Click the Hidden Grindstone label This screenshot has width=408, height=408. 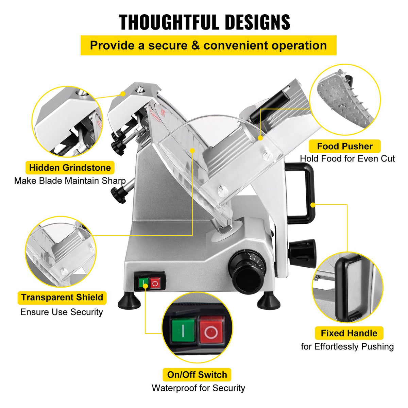coord(70,168)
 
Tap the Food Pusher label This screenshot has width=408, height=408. coord(345,147)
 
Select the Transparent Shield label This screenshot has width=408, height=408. coord(62,297)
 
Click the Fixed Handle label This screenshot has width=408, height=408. coord(349,333)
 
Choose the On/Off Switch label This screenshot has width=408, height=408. coord(197,375)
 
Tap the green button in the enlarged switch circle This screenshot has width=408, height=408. coord(183,330)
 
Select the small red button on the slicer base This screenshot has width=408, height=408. coord(155,283)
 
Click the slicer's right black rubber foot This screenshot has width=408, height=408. coord(268,301)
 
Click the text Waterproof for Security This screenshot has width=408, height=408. coord(198,388)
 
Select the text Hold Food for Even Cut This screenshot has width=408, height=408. coord(347,158)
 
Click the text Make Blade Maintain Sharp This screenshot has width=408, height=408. coord(70,181)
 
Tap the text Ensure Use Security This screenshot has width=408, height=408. coord(62,312)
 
